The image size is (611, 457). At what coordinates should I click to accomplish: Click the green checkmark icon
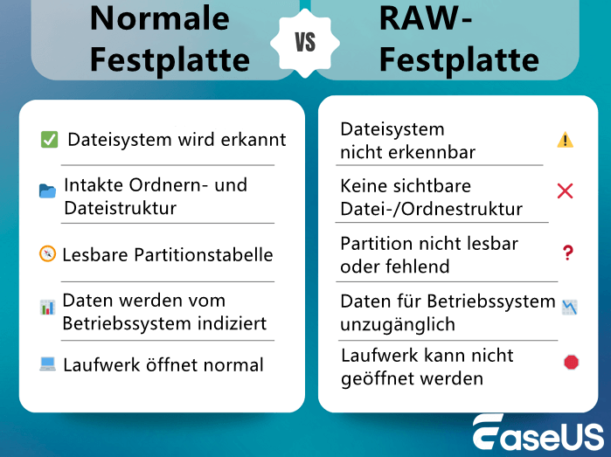click(49, 140)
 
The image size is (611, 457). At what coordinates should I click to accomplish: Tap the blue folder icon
click(47, 190)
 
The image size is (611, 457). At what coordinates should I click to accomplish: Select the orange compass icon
click(47, 254)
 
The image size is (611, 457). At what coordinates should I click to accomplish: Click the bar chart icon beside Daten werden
click(47, 307)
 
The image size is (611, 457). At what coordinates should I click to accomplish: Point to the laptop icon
click(47, 364)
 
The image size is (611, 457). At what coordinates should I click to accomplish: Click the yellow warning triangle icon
click(566, 140)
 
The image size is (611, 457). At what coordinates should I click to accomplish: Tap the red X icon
click(566, 190)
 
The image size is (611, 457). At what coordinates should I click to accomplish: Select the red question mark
click(567, 253)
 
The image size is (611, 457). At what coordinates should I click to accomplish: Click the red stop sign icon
click(571, 362)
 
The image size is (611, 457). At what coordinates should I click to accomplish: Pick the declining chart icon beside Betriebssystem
click(569, 308)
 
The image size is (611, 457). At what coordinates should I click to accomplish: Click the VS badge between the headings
click(305, 43)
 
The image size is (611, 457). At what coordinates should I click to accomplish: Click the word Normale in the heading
click(160, 17)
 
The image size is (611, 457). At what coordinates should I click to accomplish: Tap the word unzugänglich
click(398, 324)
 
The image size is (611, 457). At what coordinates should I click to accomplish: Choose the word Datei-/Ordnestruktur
click(431, 209)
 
